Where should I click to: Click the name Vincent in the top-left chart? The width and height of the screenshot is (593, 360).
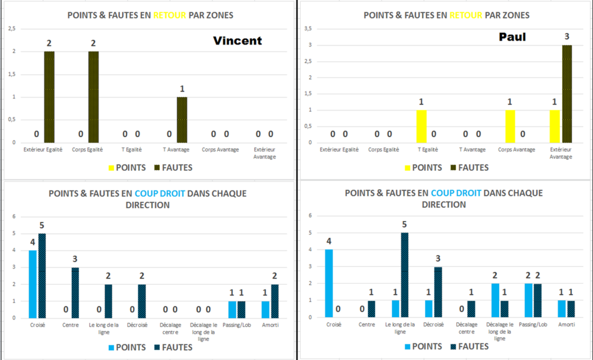point(237,41)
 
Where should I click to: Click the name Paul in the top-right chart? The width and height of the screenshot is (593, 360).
point(513,37)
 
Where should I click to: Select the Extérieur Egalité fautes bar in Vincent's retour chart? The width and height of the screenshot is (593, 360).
point(49,97)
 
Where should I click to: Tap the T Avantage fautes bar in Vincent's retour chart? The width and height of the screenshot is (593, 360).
point(182,119)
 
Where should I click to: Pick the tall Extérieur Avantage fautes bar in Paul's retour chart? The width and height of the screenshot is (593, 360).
point(566,94)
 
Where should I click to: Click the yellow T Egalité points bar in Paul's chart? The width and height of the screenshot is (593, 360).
point(422,126)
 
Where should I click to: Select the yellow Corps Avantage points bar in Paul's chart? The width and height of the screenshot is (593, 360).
point(510,126)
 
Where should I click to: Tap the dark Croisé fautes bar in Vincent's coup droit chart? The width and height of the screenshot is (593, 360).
point(42,275)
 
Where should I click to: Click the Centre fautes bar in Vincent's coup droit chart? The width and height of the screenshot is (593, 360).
point(75,292)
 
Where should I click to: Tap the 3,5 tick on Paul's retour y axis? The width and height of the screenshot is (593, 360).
point(308,28)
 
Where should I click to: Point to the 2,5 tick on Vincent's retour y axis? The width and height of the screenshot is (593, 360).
point(12,28)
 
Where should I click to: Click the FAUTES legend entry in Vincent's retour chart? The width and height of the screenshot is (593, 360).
point(173,167)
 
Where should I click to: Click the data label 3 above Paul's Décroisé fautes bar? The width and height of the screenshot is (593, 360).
point(438,258)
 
